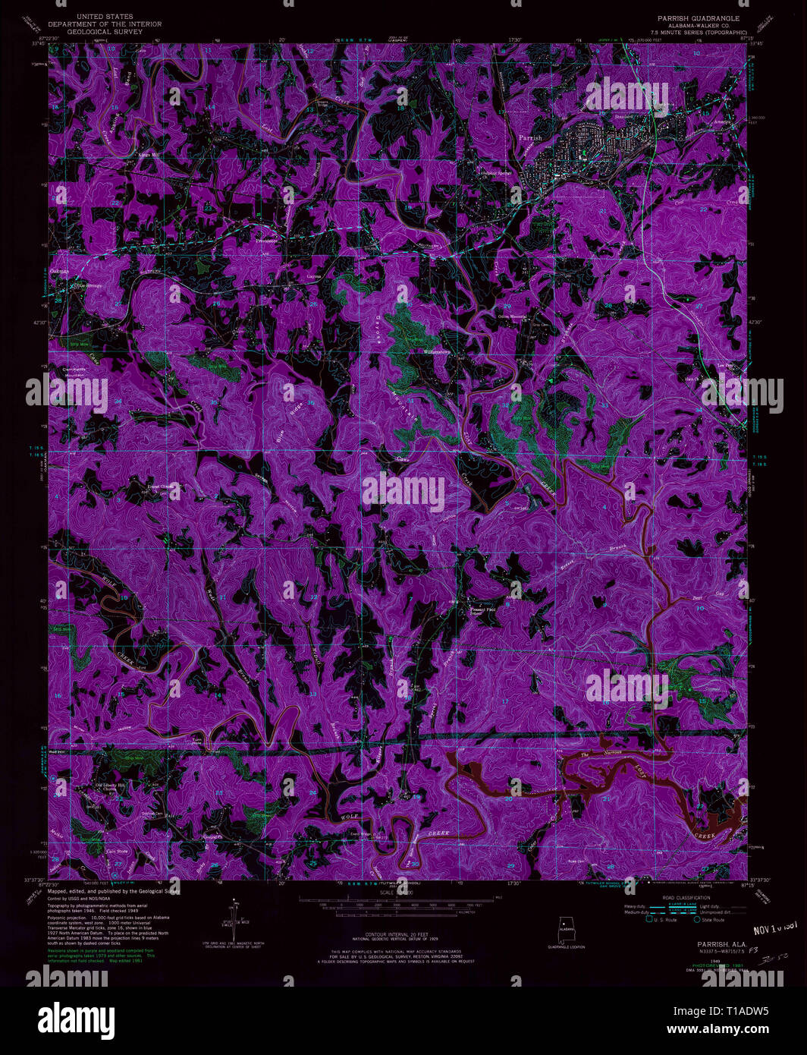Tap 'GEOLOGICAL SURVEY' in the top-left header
click(105, 32)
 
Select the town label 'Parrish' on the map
click(531, 138)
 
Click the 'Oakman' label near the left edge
click(59, 270)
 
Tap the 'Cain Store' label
click(116, 851)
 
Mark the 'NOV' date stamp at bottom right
click(765, 929)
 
